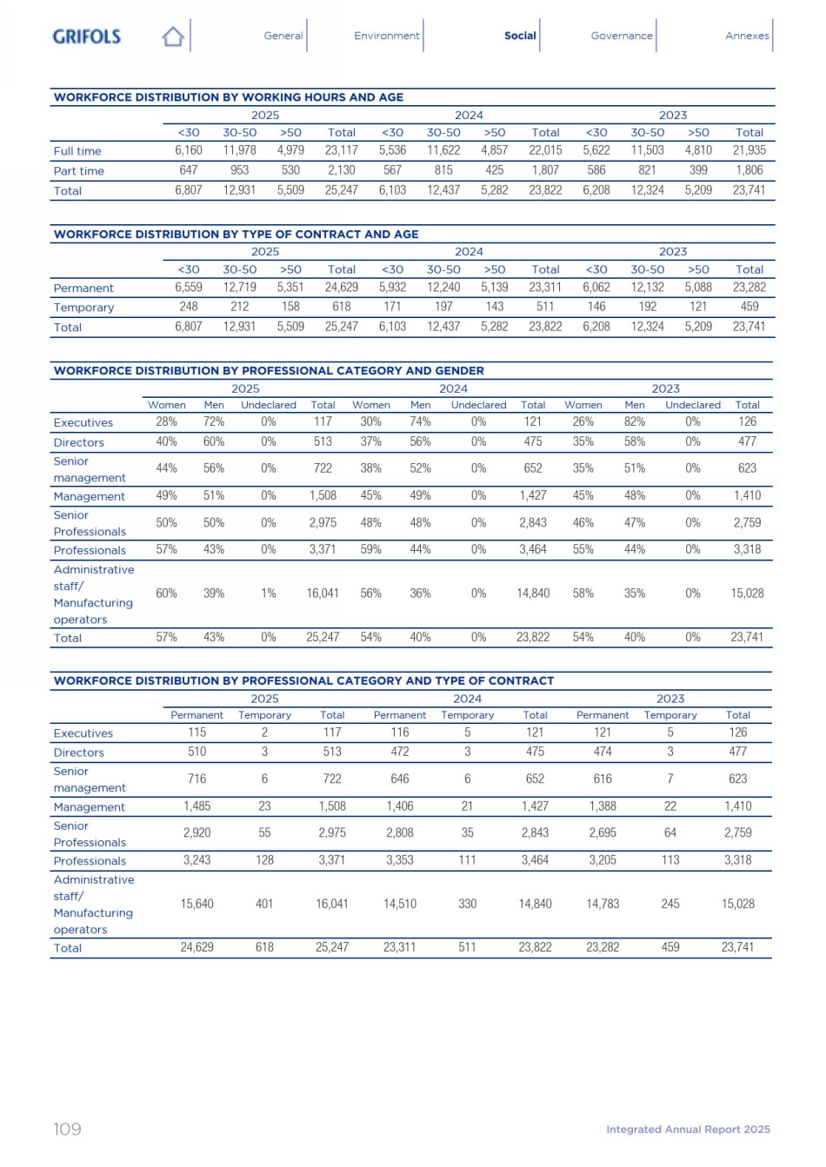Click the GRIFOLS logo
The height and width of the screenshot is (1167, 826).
click(x=86, y=36)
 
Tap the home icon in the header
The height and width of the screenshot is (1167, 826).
click(x=173, y=36)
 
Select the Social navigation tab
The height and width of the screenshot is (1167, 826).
click(x=520, y=36)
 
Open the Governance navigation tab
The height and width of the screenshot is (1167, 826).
click(x=621, y=36)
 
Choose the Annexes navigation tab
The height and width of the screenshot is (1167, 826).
click(x=747, y=36)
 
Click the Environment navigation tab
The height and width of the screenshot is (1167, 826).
click(x=386, y=36)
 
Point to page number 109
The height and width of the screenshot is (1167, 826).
click(x=67, y=1129)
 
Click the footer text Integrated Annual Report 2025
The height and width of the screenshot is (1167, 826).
click(x=688, y=1130)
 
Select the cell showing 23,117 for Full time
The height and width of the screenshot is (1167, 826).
click(x=342, y=150)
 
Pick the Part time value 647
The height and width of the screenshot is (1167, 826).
click(x=189, y=170)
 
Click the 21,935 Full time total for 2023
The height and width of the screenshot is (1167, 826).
click(x=749, y=150)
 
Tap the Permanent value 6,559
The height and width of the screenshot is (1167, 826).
click(x=189, y=288)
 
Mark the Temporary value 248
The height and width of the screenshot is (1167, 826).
click(x=189, y=307)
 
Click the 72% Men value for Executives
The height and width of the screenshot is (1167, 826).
click(x=214, y=422)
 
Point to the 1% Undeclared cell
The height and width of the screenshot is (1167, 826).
click(x=269, y=593)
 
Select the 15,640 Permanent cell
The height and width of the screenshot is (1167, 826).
click(x=197, y=904)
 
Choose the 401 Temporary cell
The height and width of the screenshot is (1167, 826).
click(x=264, y=904)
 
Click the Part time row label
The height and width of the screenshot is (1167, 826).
click(x=78, y=171)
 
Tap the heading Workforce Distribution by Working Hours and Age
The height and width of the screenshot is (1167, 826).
click(x=229, y=97)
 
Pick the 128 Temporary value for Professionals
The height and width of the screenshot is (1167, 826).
click(x=264, y=860)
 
